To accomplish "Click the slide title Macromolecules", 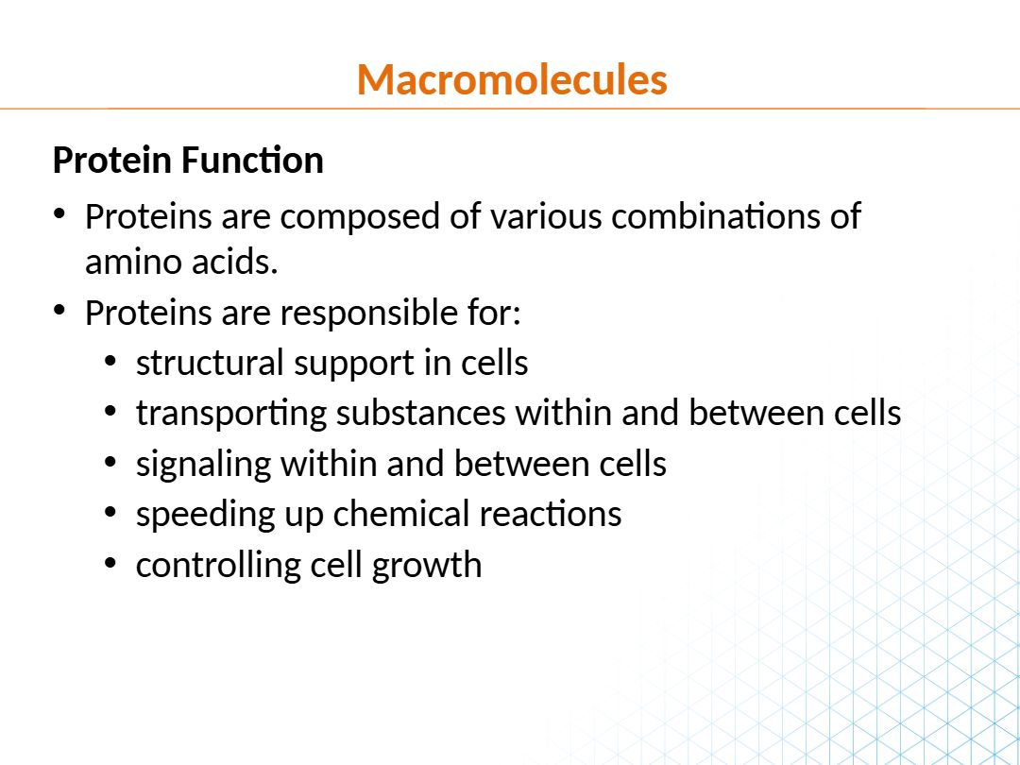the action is pyautogui.click(x=512, y=79).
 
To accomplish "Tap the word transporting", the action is pyautogui.click(x=231, y=415).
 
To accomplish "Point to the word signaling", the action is pyautogui.click(x=203, y=465).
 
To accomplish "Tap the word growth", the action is pyautogui.click(x=427, y=566).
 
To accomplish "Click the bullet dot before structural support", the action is pyautogui.click(x=110, y=362).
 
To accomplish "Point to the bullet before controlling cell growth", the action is pyautogui.click(x=110, y=563).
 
